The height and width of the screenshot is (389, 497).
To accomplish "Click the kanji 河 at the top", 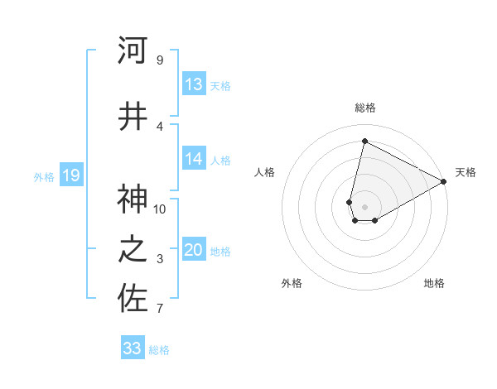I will point(133,50).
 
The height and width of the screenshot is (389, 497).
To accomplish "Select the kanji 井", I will point(133,116).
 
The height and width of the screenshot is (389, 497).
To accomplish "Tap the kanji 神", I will point(133,199).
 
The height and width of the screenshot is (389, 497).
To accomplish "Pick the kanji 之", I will point(133,251).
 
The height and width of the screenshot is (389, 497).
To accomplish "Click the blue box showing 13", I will point(194,84).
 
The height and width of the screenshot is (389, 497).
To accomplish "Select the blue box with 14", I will point(194,160).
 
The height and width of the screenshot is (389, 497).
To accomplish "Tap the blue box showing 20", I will point(194,251).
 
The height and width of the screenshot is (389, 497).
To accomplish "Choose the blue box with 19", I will point(71,175).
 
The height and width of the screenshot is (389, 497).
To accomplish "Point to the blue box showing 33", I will point(133,348).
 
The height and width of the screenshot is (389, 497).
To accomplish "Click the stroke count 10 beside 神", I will point(160,209).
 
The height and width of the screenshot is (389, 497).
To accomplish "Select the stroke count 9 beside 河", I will point(160,60).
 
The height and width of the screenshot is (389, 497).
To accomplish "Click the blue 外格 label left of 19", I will point(44,176).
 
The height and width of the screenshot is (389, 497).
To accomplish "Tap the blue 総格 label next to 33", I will point(159,350).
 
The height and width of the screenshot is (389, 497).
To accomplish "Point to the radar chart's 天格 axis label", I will point(466,172).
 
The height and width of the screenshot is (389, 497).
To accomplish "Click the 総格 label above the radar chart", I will point(364,108).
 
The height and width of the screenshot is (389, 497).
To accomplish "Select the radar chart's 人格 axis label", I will point(264,172).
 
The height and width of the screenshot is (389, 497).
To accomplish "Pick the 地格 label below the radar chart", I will point(434,283).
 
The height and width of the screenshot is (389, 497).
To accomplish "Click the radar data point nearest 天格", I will point(443,181).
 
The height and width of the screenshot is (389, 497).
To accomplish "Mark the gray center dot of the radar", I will point(364,205).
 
